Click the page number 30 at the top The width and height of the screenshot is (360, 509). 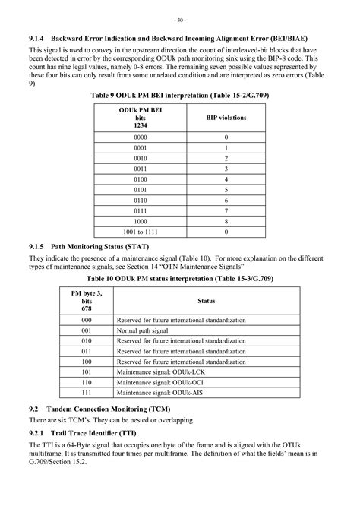pyautogui.click(x=180, y=19)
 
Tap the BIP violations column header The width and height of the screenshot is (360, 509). pyautogui.click(x=226, y=119)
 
